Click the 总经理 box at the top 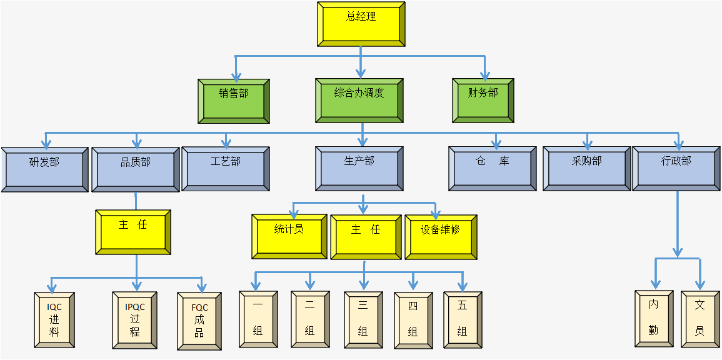(361, 24)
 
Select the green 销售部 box (234, 101)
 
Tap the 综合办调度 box (359, 100)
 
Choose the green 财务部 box (483, 100)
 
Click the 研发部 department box (44, 169)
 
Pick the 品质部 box (136, 169)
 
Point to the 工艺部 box (226, 168)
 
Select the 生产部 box (359, 168)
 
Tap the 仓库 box (493, 168)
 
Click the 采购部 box (587, 168)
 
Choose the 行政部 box (676, 168)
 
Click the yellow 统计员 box (289, 236)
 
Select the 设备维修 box (441, 236)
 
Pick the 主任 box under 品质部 (133, 232)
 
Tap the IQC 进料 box (55, 319)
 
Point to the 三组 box (363, 319)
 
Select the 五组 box (463, 319)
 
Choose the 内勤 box (654, 318)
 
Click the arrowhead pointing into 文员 (700, 284)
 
